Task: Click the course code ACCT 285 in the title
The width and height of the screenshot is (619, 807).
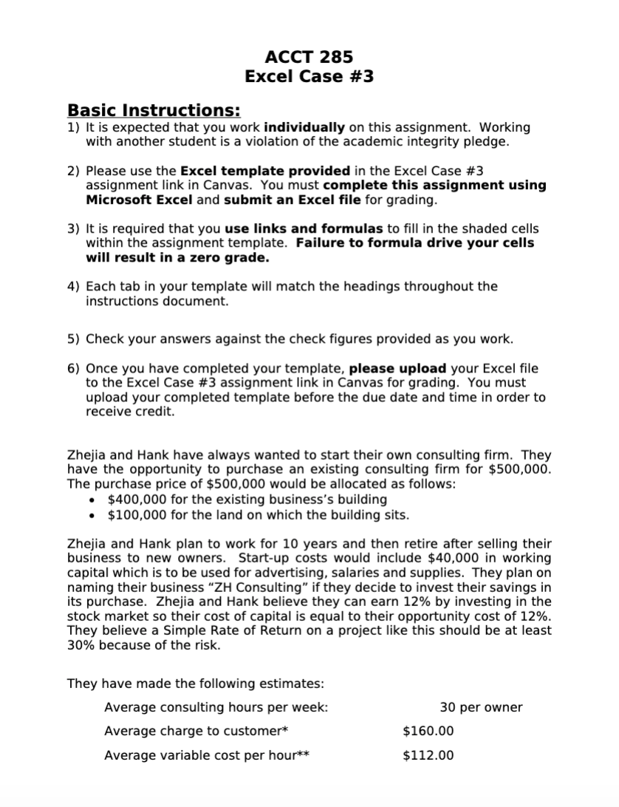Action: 309,57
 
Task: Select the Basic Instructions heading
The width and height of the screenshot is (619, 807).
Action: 154,111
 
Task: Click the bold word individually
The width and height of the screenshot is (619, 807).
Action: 304,128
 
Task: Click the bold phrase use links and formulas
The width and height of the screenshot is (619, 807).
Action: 304,229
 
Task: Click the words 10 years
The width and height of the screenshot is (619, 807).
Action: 269,543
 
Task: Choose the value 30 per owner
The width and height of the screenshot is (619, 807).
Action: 481,707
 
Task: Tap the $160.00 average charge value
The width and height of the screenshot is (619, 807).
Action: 428,732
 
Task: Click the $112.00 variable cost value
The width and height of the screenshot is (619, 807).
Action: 428,755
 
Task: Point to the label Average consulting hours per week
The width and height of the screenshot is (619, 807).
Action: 216,707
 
